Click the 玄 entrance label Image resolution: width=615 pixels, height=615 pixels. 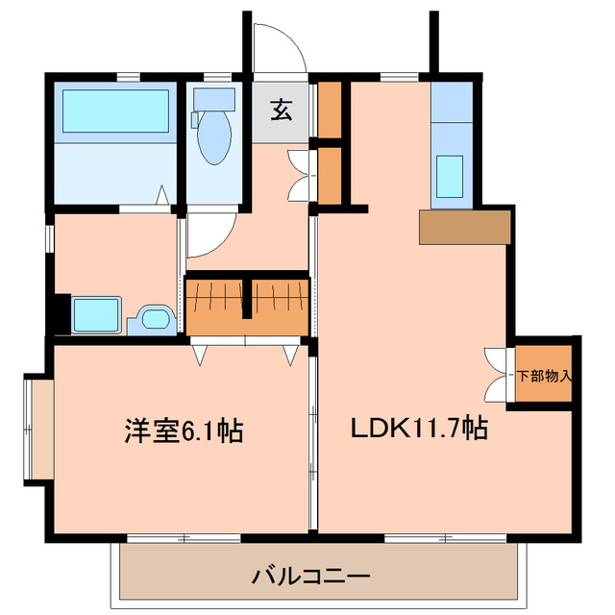(x=281, y=111)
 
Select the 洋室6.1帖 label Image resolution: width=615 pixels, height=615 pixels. (x=183, y=430)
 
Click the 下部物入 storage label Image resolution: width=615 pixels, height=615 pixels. (x=544, y=375)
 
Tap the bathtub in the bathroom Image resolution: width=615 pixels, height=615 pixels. (x=116, y=111)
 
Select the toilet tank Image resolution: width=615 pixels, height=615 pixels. (x=214, y=99)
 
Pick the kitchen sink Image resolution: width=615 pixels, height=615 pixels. (x=451, y=174)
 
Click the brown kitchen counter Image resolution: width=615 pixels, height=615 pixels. (x=464, y=228)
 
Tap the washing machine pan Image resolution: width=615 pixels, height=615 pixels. (x=95, y=314)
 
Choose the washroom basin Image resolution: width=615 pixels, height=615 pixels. (x=153, y=318)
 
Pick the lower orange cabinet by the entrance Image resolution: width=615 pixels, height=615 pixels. (x=330, y=175)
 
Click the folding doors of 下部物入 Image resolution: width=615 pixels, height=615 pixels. (x=497, y=375)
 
